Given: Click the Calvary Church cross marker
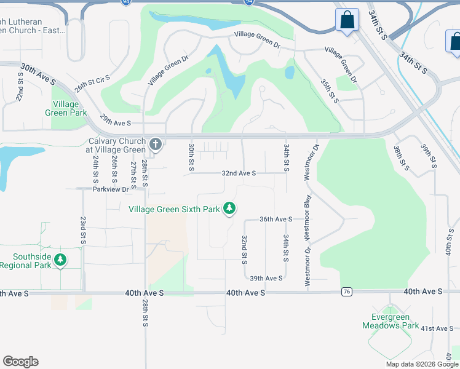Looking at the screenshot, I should click(156, 145).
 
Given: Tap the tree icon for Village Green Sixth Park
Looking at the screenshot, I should click(229, 209).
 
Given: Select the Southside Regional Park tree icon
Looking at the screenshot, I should click(60, 260).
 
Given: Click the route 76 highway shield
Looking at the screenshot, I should click(347, 292).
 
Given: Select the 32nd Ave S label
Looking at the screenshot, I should click(239, 174).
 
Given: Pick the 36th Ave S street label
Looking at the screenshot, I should click(276, 219).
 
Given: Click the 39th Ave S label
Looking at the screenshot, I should click(266, 278).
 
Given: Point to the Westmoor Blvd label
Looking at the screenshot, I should click(306, 212).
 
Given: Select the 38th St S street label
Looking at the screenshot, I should click(401, 157).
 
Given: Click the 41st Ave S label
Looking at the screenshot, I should click(437, 328).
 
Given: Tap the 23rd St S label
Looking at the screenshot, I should click(83, 231).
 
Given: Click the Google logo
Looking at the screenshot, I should click(20, 362).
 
